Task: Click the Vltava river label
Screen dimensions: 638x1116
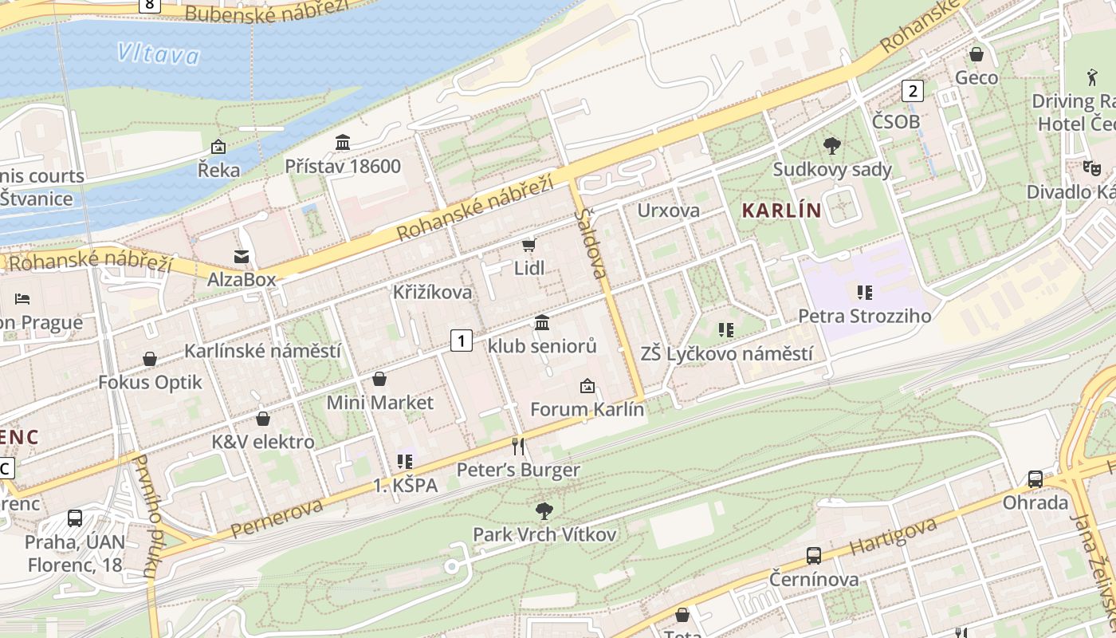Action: click(x=158, y=54)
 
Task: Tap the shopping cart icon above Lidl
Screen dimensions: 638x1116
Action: click(x=529, y=245)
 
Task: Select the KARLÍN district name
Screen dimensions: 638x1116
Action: click(x=781, y=211)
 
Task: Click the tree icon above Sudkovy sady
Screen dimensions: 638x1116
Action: click(x=832, y=145)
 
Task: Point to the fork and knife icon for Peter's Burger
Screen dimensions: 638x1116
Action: click(x=518, y=446)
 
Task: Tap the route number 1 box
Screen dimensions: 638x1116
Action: click(x=461, y=341)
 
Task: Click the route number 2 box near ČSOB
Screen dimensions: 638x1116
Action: click(x=912, y=91)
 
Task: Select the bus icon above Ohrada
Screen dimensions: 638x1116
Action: click(x=1035, y=479)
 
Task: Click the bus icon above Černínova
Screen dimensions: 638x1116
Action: click(x=813, y=556)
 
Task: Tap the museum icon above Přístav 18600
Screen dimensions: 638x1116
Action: click(x=343, y=143)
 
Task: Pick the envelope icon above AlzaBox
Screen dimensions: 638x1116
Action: click(x=241, y=256)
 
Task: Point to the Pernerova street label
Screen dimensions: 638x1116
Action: click(x=277, y=518)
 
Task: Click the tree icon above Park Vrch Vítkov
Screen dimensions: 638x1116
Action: click(x=544, y=510)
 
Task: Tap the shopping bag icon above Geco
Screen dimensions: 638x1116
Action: click(x=976, y=55)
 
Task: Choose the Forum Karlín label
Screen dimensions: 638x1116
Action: click(x=587, y=410)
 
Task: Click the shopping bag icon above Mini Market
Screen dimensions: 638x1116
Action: click(x=379, y=379)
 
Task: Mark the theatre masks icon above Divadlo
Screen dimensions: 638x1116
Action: click(x=1090, y=167)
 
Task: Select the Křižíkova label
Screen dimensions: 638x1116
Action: click(x=432, y=293)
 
